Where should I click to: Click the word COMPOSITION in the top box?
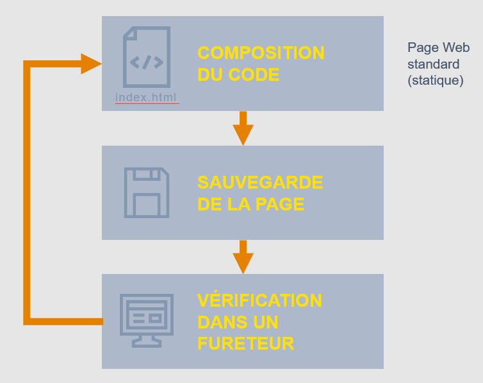261,53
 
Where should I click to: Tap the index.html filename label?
146,98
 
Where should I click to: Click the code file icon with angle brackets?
147,57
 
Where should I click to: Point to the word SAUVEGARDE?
260,182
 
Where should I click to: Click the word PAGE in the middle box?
277,204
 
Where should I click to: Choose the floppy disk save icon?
147,192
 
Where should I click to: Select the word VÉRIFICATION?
259,300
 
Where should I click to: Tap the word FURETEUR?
246,343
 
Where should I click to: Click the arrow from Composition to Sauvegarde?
243,128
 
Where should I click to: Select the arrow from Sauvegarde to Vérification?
243,257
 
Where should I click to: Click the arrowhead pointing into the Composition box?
92,64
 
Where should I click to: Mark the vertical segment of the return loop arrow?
28,192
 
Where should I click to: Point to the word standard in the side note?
433,65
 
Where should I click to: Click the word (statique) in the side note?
435,81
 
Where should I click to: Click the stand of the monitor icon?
147,341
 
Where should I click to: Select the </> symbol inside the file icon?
147,62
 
